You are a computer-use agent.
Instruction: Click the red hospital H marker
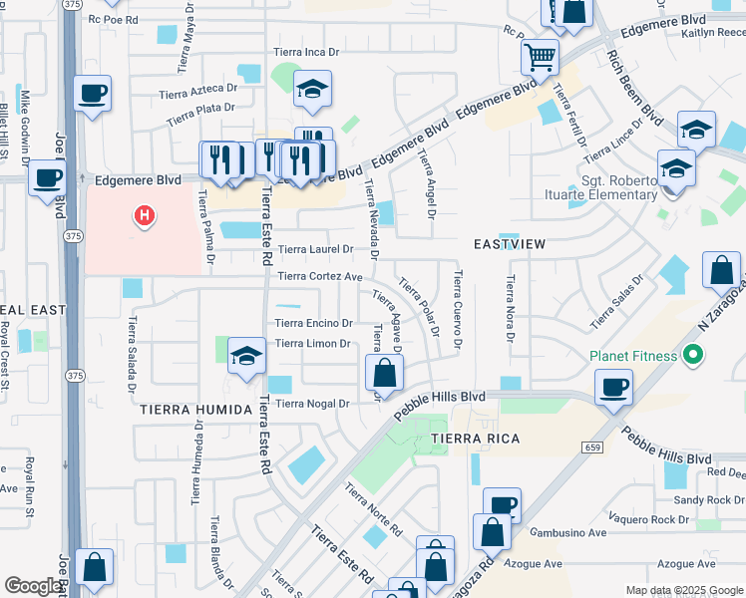tap(146, 214)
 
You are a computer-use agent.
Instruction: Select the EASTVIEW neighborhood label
tap(508, 243)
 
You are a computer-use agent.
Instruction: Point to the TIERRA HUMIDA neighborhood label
tap(194, 410)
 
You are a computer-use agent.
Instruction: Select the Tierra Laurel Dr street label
tap(315, 249)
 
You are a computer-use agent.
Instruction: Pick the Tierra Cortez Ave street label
tap(319, 276)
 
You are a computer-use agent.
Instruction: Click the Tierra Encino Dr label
tap(313, 323)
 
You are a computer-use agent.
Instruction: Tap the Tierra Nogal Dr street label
tap(312, 404)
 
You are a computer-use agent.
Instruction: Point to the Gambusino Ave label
tap(568, 533)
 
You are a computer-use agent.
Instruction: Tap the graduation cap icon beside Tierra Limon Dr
tap(246, 357)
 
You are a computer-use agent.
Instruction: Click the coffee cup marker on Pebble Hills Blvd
tap(613, 386)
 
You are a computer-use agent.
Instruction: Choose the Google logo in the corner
tap(34, 585)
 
